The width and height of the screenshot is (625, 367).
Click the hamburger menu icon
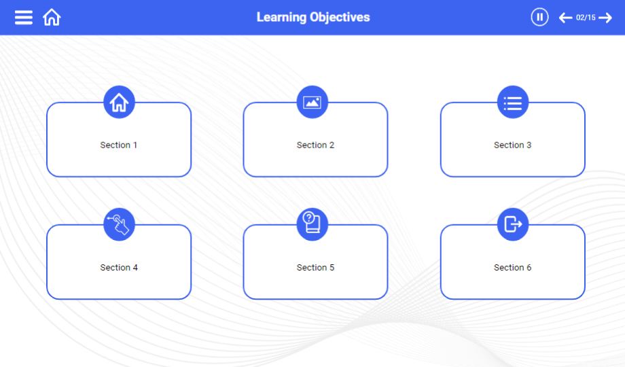click(x=24, y=18)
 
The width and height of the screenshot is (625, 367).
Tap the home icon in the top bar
click(x=52, y=18)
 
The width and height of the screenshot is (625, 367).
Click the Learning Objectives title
click(x=313, y=17)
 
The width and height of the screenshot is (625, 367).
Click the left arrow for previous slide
click(x=565, y=18)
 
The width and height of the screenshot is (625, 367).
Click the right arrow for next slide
click(x=605, y=18)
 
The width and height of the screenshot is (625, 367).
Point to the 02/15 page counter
click(x=586, y=18)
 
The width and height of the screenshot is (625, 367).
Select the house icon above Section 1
click(x=119, y=102)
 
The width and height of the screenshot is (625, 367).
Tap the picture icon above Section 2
click(x=312, y=102)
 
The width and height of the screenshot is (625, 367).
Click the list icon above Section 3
click(x=513, y=102)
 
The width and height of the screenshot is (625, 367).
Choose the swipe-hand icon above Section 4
click(x=119, y=224)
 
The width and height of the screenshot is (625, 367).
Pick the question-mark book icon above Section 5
click(x=312, y=224)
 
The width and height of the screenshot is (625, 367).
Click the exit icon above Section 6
click(x=513, y=224)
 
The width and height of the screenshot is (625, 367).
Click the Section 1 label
click(x=118, y=145)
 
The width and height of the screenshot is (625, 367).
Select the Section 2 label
click(x=315, y=145)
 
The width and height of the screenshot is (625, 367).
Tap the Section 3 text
click(x=513, y=145)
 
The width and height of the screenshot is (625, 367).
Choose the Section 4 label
click(x=119, y=267)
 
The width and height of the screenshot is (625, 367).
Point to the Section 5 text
click(x=315, y=267)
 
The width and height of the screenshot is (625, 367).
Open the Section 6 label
click(x=513, y=267)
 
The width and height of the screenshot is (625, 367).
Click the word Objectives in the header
click(x=340, y=18)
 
